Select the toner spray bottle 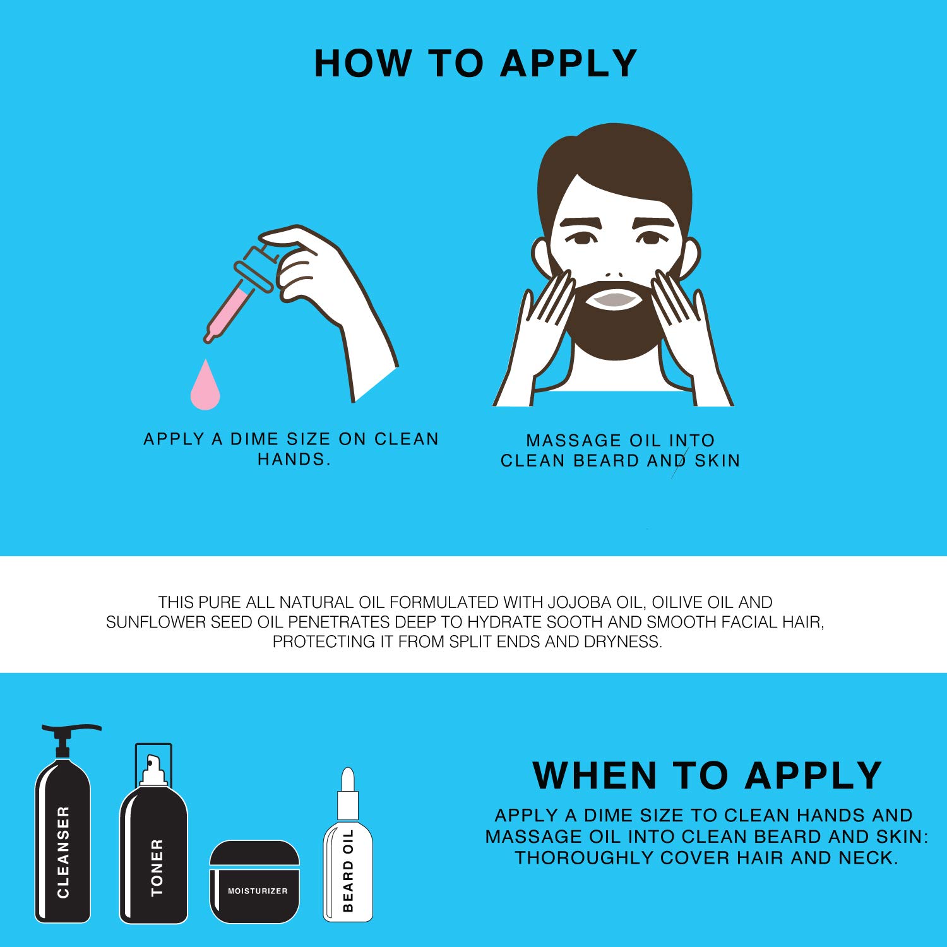[x=153, y=840]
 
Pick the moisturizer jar [x=254, y=882]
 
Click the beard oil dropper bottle [x=348, y=849]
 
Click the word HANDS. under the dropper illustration [x=294, y=459]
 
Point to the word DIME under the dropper [x=255, y=439]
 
